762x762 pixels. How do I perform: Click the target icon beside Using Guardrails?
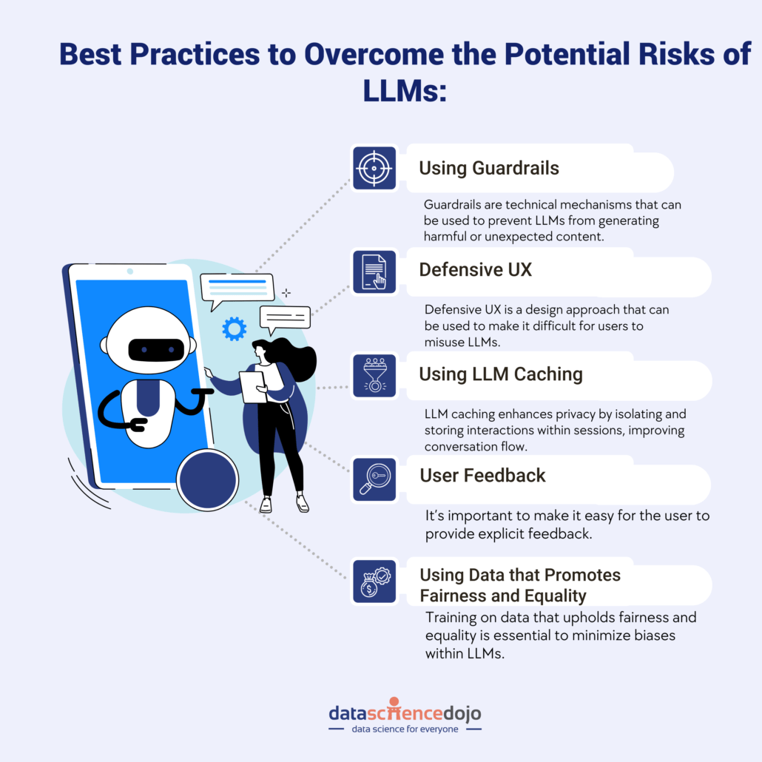pos(374,168)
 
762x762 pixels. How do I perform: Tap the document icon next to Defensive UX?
pos(374,271)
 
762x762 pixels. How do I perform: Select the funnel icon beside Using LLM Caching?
pos(374,375)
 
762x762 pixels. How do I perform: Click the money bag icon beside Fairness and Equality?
pos(374,581)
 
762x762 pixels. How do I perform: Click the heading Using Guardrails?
pos(489,168)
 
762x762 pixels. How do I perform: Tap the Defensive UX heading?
pos(475,269)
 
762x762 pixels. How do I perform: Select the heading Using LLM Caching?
pos(501,374)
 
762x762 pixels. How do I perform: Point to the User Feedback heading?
pos(482,475)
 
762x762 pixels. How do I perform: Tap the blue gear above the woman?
pos(234,328)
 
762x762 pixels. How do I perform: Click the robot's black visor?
pos(155,348)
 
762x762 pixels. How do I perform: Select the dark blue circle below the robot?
pos(208,479)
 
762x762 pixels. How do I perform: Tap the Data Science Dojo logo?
pos(405,712)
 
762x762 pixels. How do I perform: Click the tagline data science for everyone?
pos(405,729)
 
